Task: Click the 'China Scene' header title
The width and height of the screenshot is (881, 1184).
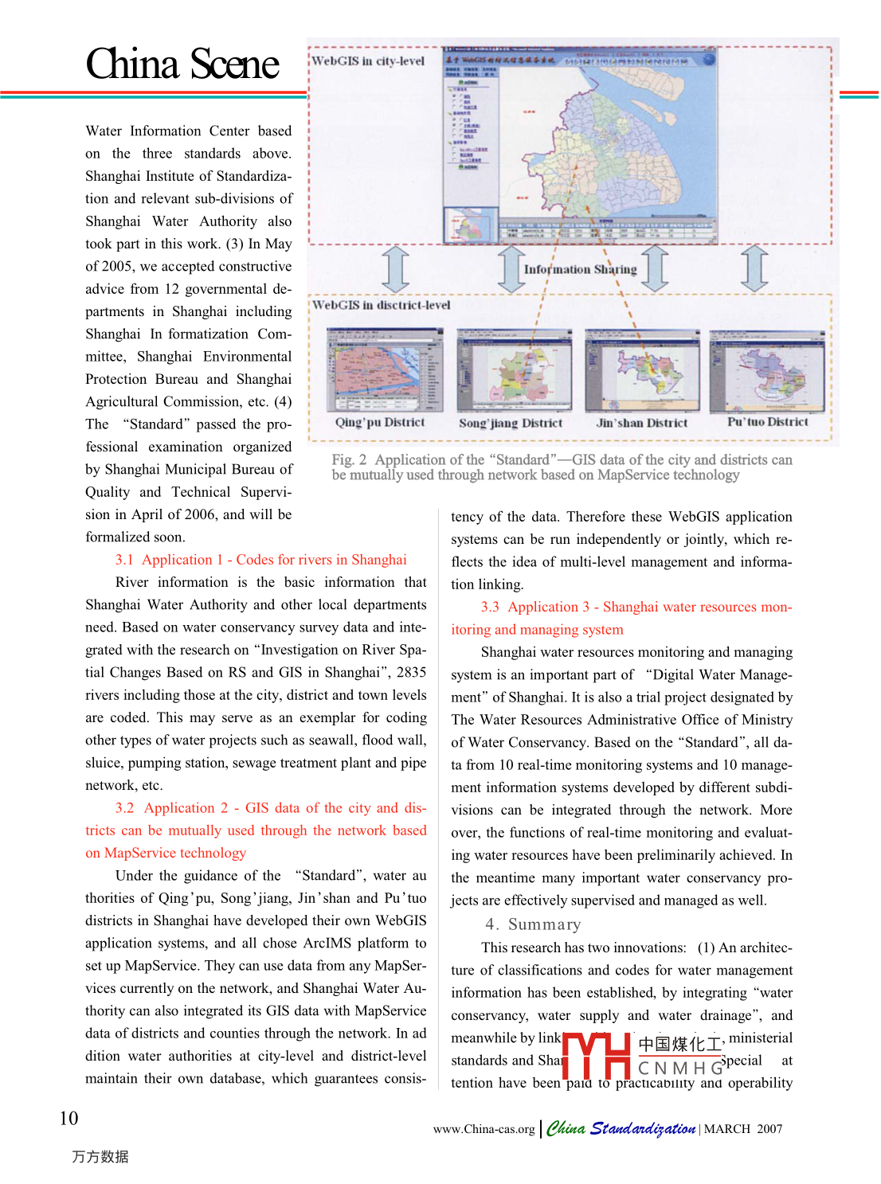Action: click(x=182, y=64)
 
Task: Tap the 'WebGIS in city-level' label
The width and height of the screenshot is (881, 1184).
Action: click(x=368, y=61)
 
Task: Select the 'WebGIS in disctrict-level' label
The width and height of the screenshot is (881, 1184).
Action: click(x=381, y=305)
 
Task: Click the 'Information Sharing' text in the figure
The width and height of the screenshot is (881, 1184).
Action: click(x=580, y=269)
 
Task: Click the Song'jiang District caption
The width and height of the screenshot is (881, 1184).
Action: click(x=511, y=424)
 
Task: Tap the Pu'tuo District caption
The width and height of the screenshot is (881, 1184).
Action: click(x=767, y=422)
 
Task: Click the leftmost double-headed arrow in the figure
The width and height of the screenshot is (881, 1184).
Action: click(x=396, y=269)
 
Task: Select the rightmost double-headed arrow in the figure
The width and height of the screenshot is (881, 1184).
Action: click(x=754, y=269)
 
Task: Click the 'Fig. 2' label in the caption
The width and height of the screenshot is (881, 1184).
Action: click(x=349, y=460)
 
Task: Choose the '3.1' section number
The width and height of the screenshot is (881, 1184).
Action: click(x=124, y=560)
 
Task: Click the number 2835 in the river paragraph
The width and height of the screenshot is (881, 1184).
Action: click(x=411, y=672)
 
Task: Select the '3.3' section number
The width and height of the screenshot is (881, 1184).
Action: click(x=490, y=607)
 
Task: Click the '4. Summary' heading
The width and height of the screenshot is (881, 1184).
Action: click(x=533, y=924)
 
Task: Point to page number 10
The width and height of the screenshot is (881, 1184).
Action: click(x=69, y=1118)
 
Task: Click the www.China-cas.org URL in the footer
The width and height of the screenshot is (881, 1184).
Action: click(x=484, y=1129)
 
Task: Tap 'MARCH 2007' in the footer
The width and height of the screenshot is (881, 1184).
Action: click(x=743, y=1129)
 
